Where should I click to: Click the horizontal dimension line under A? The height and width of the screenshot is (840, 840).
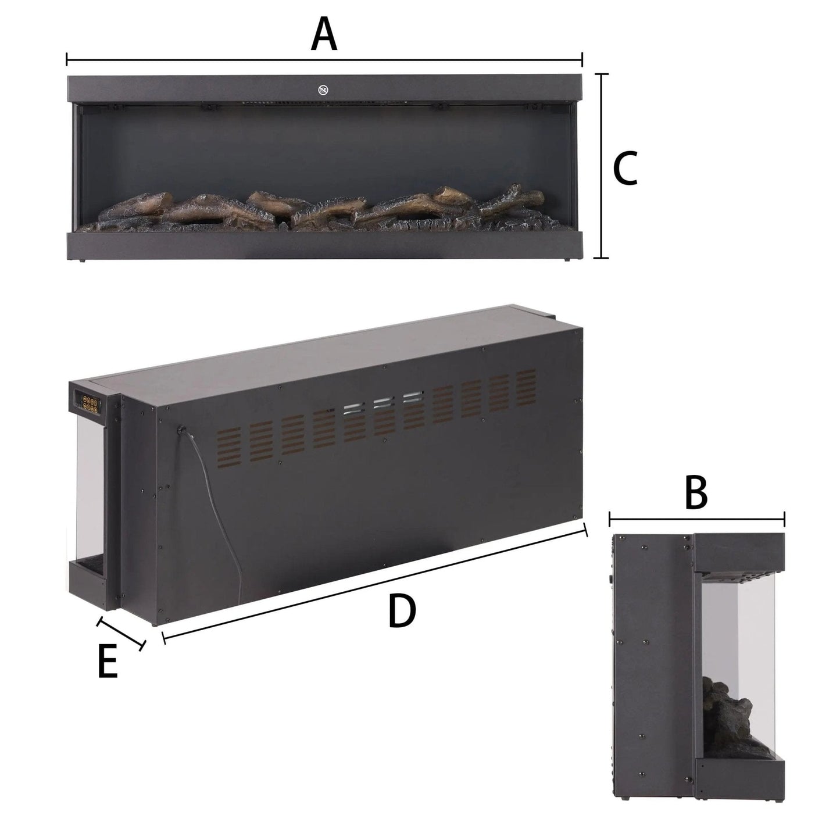[324, 59]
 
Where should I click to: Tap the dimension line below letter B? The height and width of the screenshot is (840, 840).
[696, 519]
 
